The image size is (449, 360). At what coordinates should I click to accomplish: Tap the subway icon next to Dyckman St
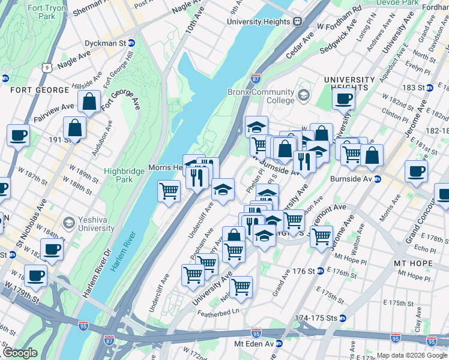point(131,44)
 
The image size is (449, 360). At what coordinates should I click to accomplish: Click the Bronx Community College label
point(261,97)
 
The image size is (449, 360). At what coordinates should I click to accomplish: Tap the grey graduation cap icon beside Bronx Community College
point(303,95)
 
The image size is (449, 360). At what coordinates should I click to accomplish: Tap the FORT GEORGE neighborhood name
point(40,90)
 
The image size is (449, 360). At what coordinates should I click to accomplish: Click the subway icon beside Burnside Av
point(378,179)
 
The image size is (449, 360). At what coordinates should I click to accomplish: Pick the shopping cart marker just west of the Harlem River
point(169,191)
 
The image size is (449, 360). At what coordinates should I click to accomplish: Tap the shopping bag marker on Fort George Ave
point(89,103)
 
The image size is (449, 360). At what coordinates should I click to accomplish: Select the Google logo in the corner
point(20,353)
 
